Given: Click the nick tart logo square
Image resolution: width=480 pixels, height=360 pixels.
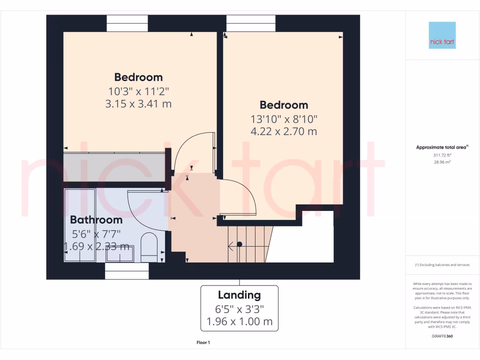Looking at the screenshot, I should pyautogui.click(x=442, y=36).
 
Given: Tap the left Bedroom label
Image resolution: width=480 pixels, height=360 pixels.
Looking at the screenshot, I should pyautogui.click(x=138, y=77).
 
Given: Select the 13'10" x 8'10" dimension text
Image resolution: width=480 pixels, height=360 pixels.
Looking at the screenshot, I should pyautogui.click(x=284, y=119).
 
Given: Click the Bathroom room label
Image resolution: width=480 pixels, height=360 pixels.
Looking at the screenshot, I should pyautogui.click(x=96, y=220).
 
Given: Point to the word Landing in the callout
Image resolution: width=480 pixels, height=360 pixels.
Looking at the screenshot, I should pyautogui.click(x=239, y=295).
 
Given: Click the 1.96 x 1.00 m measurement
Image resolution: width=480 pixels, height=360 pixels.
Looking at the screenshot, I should pyautogui.click(x=239, y=322).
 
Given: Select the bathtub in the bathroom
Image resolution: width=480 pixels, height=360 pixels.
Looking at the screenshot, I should pyautogui.click(x=80, y=225).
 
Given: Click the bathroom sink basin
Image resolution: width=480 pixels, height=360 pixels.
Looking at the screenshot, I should pyautogui.click(x=120, y=254).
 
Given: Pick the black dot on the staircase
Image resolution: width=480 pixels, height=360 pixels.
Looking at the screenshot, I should pyautogui.click(x=240, y=244).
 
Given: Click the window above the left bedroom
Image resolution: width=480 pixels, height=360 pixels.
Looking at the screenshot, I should pyautogui.click(x=127, y=23).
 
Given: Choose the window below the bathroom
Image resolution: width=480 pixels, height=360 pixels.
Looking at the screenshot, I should pyautogui.click(x=127, y=271).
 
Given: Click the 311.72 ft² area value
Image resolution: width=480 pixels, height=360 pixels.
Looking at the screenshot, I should pyautogui.click(x=442, y=155).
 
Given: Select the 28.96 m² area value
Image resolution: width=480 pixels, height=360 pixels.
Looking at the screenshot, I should pyautogui.click(x=442, y=162).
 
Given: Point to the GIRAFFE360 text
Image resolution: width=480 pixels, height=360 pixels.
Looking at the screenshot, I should pyautogui.click(x=442, y=336).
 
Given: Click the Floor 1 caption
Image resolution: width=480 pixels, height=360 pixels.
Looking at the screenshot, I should pyautogui.click(x=203, y=343).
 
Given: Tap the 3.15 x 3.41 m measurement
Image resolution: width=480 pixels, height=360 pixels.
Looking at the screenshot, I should pyautogui.click(x=138, y=104).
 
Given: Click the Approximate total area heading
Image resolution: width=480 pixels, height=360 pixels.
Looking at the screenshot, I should pyautogui.click(x=442, y=147).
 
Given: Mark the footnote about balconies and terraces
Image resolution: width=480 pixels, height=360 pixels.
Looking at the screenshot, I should pyautogui.click(x=442, y=265).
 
